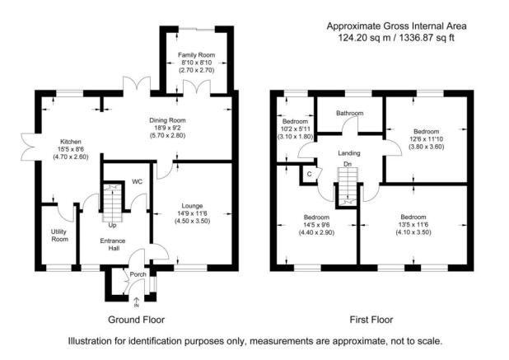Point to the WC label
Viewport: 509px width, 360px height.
pyautogui.click(x=126, y=181)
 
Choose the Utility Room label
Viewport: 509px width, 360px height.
pyautogui.click(x=59, y=234)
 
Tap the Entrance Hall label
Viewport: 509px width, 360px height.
pyautogui.click(x=112, y=245)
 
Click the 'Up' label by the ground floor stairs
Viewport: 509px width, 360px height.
pyautogui.click(x=111, y=224)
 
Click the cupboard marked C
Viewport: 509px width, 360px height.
pyautogui.click(x=308, y=174)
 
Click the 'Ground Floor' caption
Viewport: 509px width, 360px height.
pyautogui.click(x=136, y=320)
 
